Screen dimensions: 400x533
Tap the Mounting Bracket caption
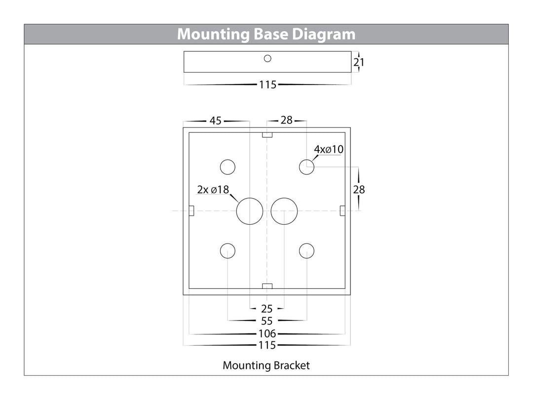pos(266,365)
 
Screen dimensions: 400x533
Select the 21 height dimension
pos(359,63)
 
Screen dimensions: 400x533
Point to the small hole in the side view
pos(267,58)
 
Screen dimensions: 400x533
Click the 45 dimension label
pos(216,120)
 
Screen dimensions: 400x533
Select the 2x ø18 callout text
pos(213,190)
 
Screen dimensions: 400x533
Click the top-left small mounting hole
pos(228,167)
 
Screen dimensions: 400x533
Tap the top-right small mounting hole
pos(307,167)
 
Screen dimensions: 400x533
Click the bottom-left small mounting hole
pos(228,251)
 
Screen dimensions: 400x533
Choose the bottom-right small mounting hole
pos(307,251)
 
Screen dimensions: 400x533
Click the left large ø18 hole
pos(249,211)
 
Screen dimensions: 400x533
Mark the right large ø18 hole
pos(284,211)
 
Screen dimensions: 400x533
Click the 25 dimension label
pos(267,309)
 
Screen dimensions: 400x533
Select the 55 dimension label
pos(267,321)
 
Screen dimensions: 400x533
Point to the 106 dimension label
pos(267,334)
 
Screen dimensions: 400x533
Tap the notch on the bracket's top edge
pos(267,135)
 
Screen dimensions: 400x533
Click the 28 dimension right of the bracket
pos(359,189)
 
